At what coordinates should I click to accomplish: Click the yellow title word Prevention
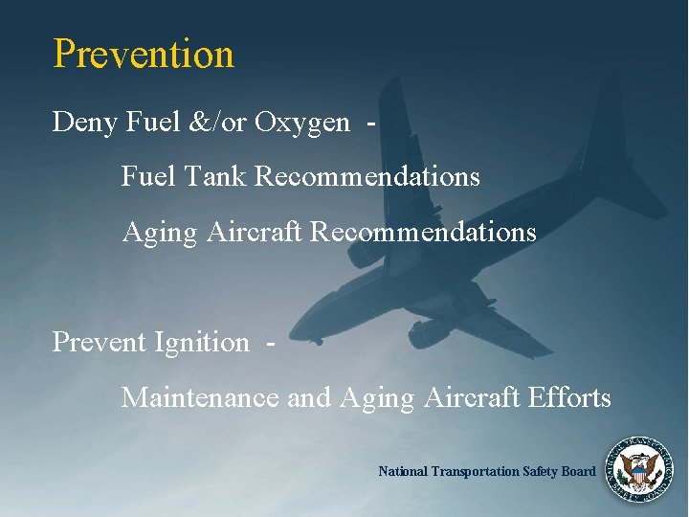point(144,54)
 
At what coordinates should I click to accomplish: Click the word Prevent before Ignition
point(100,342)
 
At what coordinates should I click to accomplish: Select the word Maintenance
point(200,396)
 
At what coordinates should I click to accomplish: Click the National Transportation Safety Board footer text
point(486,471)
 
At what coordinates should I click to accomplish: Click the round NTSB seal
point(638,469)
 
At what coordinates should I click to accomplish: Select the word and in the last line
point(307,396)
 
